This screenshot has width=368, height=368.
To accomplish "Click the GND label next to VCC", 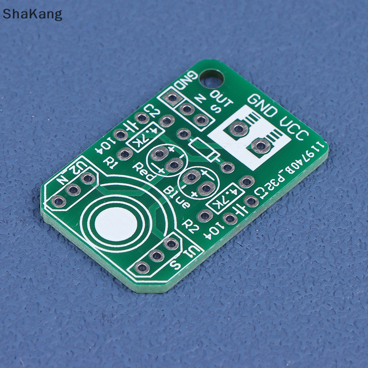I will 263,106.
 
